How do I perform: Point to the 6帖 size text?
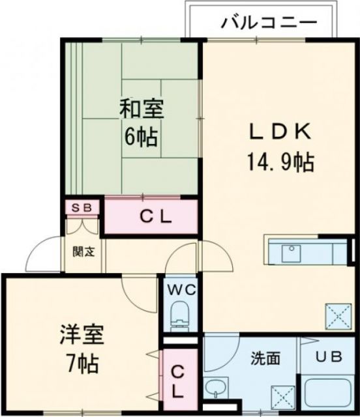pyautogui.click(x=142, y=137)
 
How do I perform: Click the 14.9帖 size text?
pyautogui.click(x=280, y=161)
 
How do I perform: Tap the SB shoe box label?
pyautogui.click(x=83, y=208)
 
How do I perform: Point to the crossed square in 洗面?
pyautogui.click(x=284, y=396)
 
